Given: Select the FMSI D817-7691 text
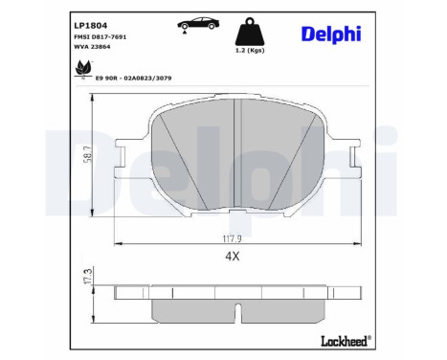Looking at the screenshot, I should [x=101, y=35].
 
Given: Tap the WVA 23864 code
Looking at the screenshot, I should [x=93, y=47].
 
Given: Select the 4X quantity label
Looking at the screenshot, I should [x=230, y=256].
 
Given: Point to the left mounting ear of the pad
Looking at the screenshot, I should [x=123, y=157].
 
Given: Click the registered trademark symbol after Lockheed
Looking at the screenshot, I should [x=370, y=336].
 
